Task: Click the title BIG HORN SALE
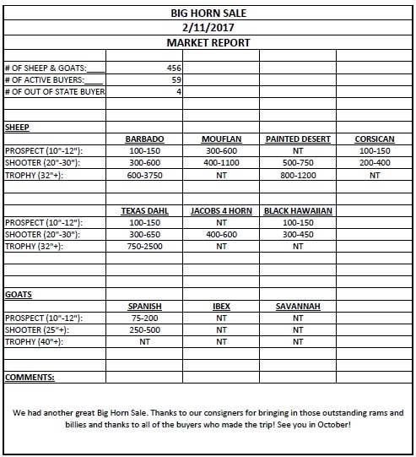[x=208, y=13]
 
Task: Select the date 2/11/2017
[x=208, y=27]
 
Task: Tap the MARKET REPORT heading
[x=208, y=41]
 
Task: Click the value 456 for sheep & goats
[x=172, y=67]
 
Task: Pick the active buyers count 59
[x=176, y=79]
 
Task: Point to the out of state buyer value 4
[x=179, y=90]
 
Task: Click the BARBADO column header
[x=144, y=139]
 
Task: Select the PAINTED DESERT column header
[x=298, y=139]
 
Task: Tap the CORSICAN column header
[x=375, y=139]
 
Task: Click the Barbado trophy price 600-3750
[x=144, y=175]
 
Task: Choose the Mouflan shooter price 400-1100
[x=221, y=162]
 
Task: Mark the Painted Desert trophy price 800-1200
[x=298, y=175]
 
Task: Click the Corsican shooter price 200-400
[x=375, y=162]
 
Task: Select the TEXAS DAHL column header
[x=144, y=210]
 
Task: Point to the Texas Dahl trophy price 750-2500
[x=144, y=247]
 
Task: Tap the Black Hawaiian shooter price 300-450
[x=298, y=234]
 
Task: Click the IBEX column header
[x=221, y=306]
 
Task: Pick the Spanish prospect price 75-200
[x=144, y=318]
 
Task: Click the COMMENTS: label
[x=30, y=377]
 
